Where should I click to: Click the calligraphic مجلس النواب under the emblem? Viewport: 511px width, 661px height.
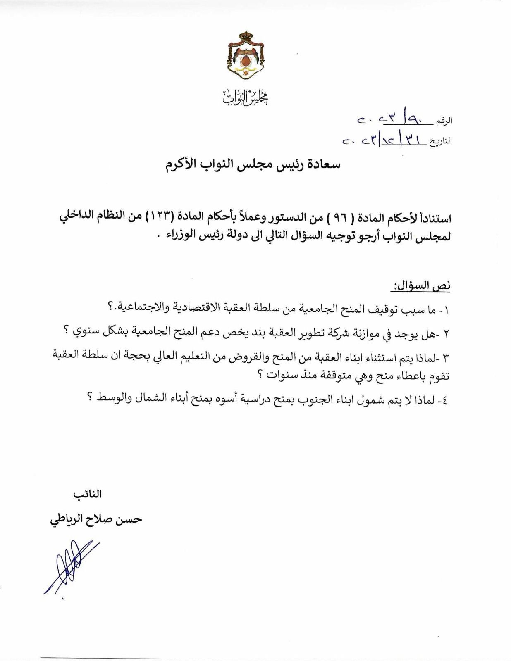(246, 97)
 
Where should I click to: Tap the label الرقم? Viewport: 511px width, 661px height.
(444, 121)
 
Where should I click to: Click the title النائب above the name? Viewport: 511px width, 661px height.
(87, 494)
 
